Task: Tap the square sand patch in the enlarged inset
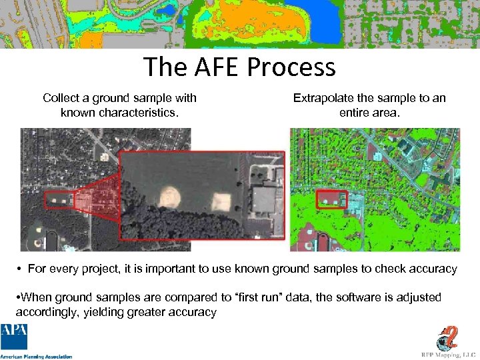coord(221,201)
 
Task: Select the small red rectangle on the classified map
coord(331,199)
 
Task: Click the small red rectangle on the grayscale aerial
coord(59,199)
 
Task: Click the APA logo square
coord(15,337)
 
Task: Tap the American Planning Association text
coord(37,356)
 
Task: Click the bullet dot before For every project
coord(21,269)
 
